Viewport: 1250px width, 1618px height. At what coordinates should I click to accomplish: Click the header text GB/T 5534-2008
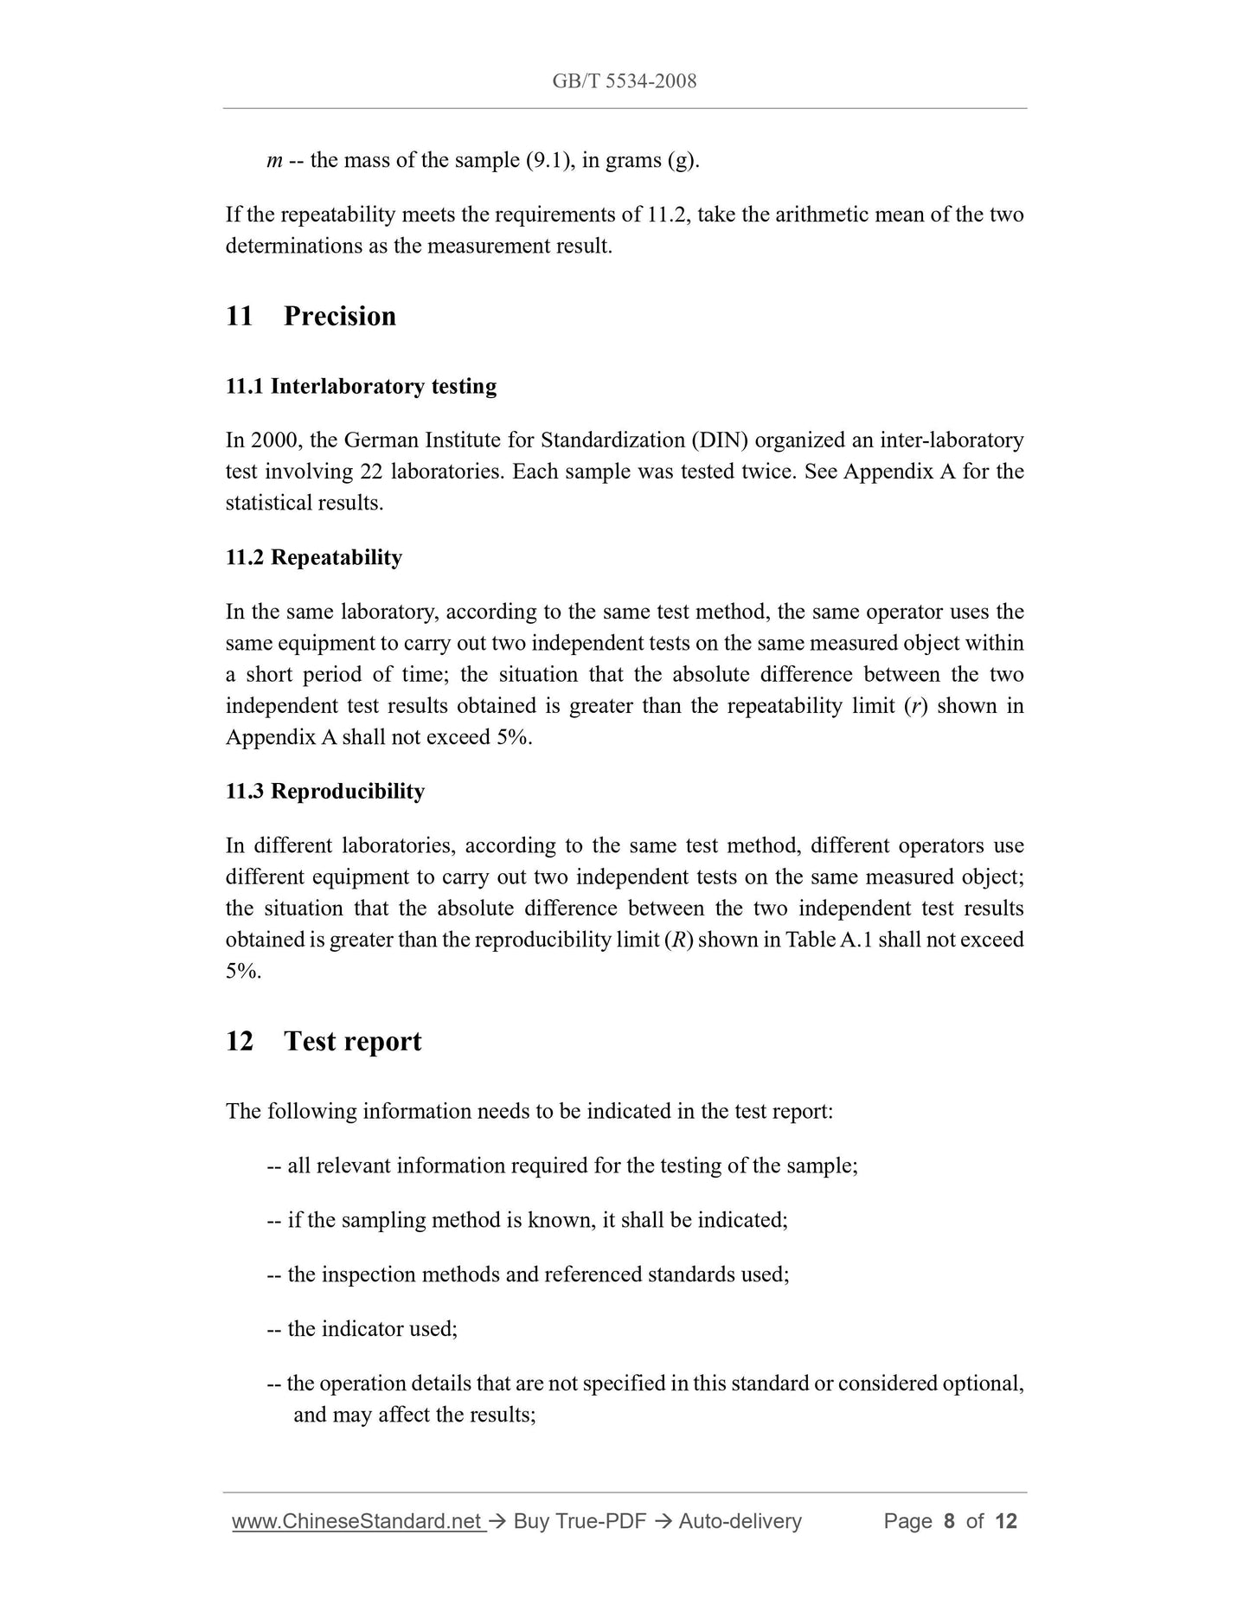click(624, 81)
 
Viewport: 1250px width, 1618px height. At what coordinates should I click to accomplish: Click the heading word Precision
click(339, 316)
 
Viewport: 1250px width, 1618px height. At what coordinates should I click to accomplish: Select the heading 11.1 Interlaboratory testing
click(361, 386)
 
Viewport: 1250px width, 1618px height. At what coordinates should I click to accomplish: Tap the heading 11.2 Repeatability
click(313, 557)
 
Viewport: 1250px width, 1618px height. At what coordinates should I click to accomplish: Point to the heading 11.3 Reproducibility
click(324, 792)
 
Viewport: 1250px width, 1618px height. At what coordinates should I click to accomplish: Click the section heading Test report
click(352, 1041)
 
